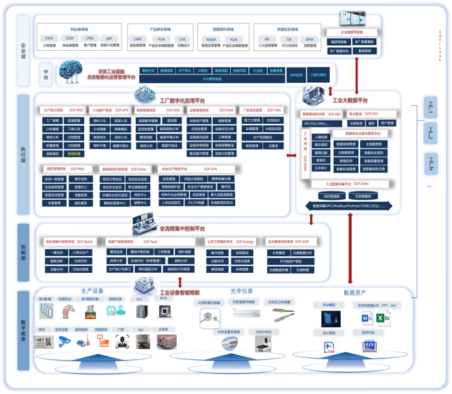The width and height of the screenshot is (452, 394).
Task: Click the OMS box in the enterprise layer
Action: coord(49,39)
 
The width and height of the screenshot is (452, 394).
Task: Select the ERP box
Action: coord(109,39)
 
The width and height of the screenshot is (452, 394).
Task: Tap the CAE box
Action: coord(182,40)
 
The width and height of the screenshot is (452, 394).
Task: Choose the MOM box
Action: coord(211,40)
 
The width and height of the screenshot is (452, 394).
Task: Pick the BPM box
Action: coord(309,40)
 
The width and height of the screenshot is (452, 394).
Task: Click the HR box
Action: coord(267,40)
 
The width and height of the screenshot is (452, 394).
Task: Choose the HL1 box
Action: coord(431,107)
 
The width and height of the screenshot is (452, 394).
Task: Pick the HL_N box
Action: coord(431,166)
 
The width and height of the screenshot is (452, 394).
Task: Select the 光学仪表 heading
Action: coord(241,292)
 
